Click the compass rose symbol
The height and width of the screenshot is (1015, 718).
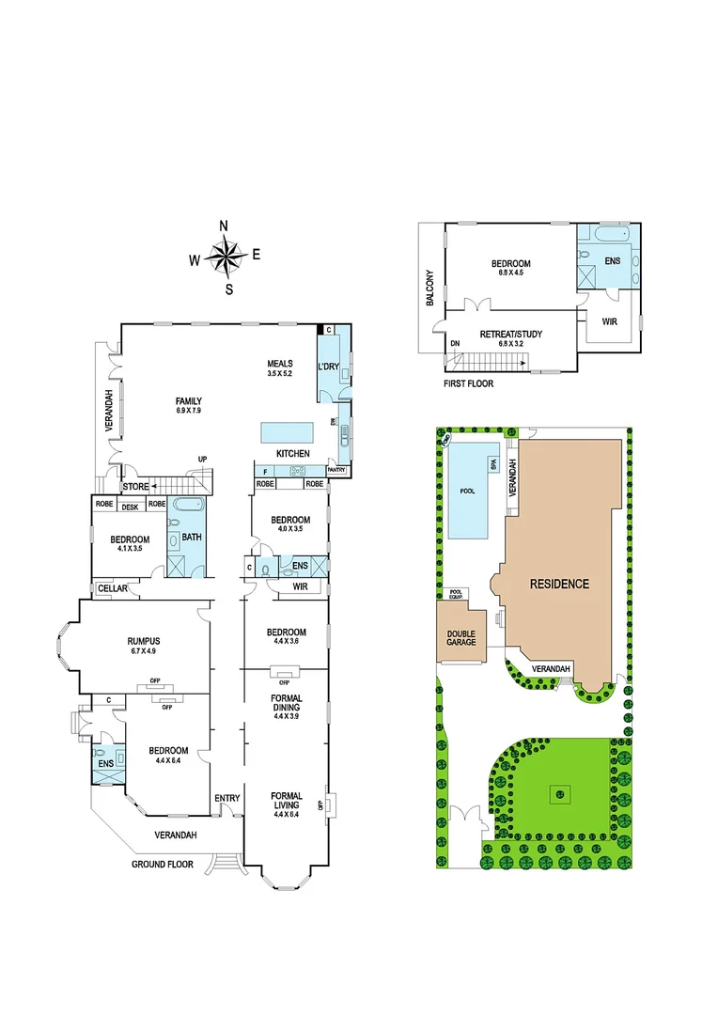click(225, 256)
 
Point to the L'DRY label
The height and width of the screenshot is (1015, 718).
click(329, 366)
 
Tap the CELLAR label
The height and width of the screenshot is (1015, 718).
click(111, 588)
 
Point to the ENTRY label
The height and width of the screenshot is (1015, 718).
click(226, 798)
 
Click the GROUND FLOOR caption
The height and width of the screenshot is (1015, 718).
click(162, 864)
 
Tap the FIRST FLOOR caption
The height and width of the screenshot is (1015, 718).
click(469, 383)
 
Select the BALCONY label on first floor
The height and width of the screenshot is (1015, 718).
click(430, 288)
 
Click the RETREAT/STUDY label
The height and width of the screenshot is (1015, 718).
click(511, 334)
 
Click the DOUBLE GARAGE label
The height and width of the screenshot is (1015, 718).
click(460, 638)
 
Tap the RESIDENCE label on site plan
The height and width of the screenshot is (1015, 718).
click(559, 584)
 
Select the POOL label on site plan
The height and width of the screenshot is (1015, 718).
click(468, 491)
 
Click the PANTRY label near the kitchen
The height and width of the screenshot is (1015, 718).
click(336, 470)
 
